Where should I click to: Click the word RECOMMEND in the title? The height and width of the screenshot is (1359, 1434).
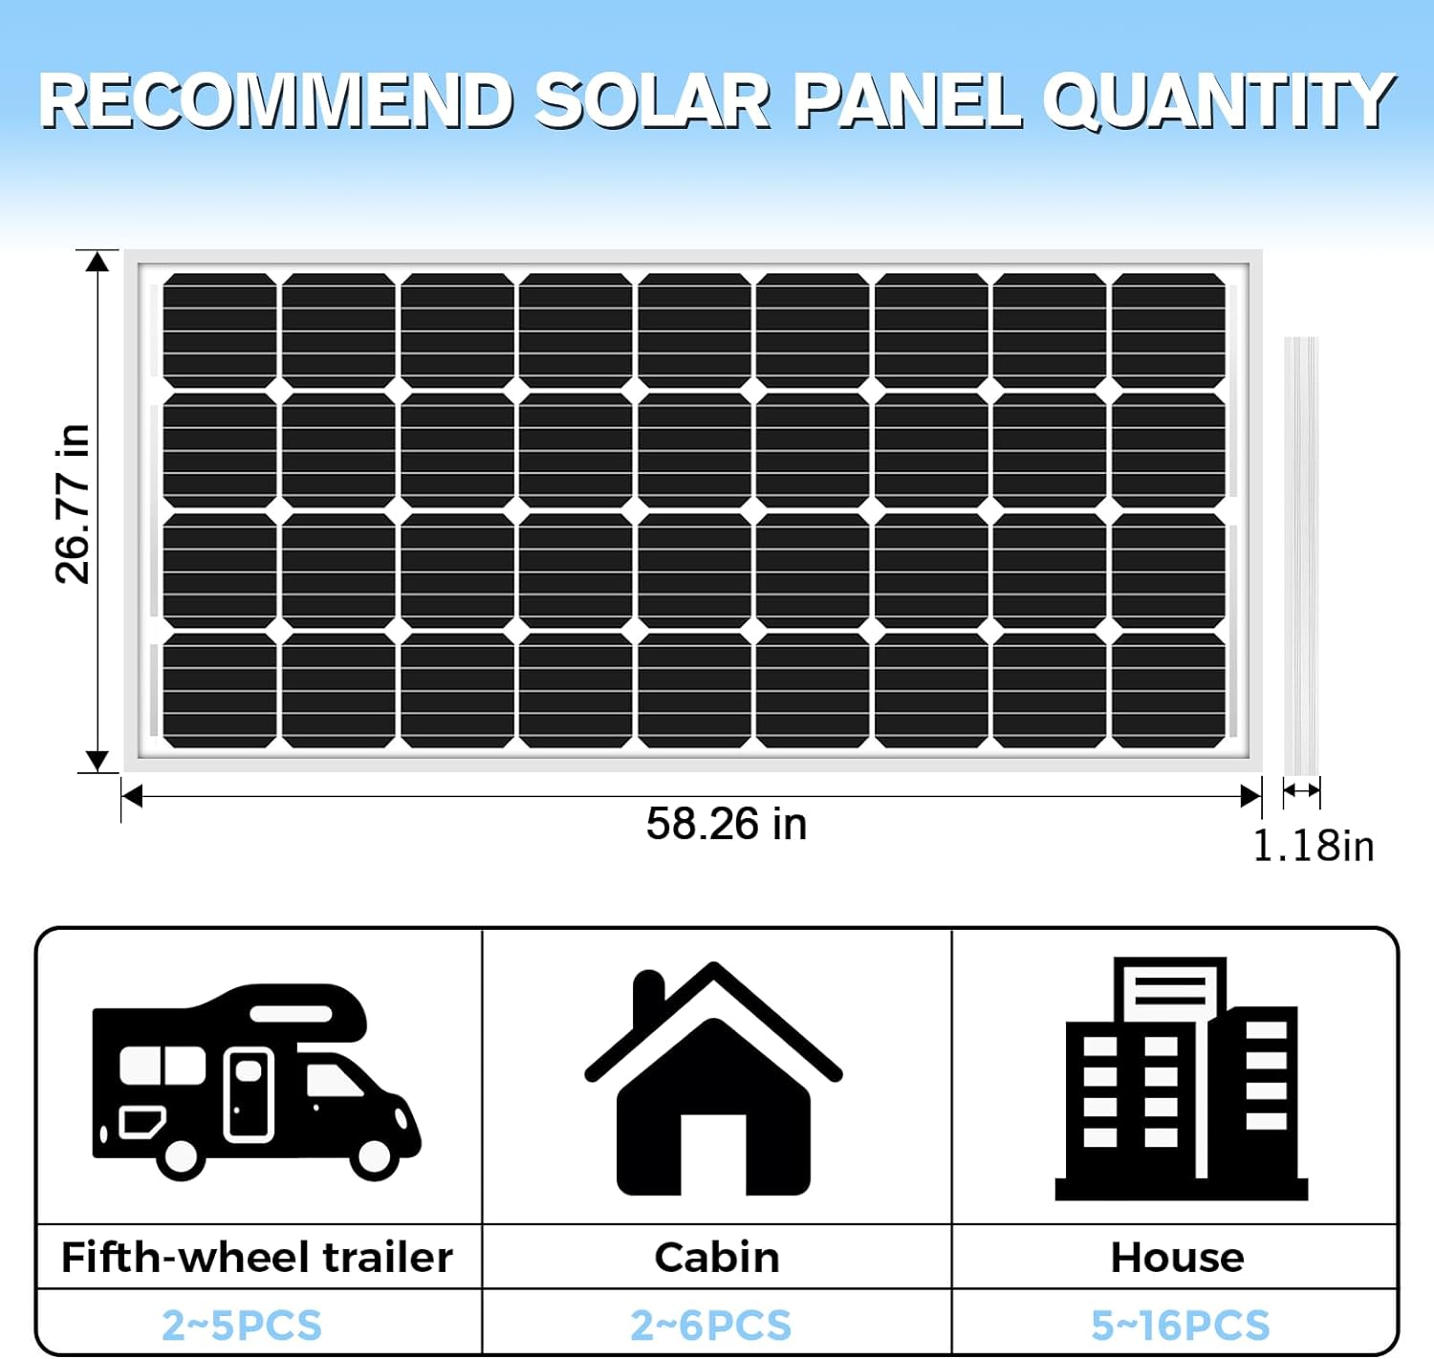[276, 101]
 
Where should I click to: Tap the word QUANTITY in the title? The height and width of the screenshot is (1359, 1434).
[1218, 101]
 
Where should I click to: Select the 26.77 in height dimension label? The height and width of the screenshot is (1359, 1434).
[73, 504]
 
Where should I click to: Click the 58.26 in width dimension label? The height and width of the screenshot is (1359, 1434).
[726, 824]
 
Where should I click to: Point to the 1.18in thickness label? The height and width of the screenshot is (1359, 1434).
[1313, 847]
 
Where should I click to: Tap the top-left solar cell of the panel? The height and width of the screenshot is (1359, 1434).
[220, 331]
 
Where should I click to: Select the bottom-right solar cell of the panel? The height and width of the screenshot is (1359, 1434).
[1168, 690]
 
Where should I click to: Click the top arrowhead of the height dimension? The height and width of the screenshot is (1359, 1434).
[97, 261]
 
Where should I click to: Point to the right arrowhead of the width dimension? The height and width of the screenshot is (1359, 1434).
[1249, 796]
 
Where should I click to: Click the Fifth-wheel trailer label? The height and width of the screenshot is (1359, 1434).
[256, 1258]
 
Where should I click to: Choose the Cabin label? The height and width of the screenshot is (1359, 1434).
[717, 1258]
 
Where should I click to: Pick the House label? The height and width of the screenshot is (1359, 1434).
[1177, 1258]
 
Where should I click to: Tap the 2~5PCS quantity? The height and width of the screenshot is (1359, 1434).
[242, 1326]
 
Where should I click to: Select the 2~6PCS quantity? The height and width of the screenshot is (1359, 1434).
[711, 1326]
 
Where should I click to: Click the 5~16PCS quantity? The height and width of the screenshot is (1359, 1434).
[1180, 1326]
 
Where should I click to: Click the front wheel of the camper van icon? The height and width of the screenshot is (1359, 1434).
[374, 1157]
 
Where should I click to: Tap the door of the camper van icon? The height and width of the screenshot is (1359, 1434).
[249, 1094]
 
